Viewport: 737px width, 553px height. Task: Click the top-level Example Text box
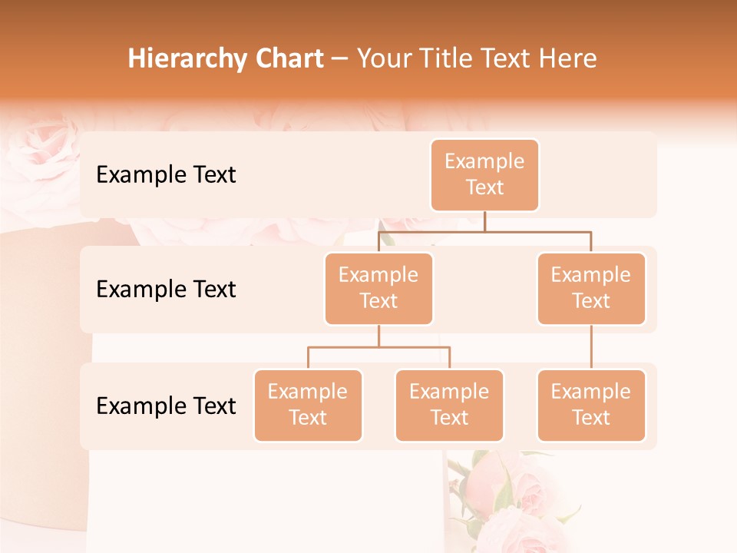484,174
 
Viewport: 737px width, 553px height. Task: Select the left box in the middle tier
378,288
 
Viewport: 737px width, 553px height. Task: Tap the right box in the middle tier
591,288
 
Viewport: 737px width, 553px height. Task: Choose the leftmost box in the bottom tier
308,405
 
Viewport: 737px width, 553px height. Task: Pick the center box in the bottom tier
449,405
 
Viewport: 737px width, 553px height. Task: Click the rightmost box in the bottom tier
591,405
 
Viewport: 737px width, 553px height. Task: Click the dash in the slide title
340,59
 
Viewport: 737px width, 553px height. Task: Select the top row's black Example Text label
166,175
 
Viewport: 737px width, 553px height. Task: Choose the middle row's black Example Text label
166,289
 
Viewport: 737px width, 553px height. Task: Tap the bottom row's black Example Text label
166,406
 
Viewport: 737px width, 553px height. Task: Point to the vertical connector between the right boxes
591,347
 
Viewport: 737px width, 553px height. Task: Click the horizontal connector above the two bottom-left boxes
378,347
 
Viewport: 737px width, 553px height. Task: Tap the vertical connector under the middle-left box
378,336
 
